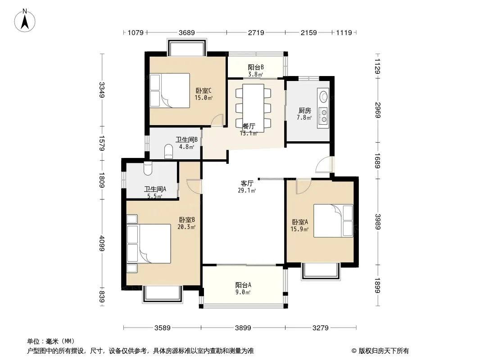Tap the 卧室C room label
point(204,91)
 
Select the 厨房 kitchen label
point(304,110)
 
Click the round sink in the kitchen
point(323,96)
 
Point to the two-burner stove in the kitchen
point(323,116)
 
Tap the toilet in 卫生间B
point(169,151)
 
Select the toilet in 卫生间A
point(148,168)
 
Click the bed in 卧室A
point(333,221)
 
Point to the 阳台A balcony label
point(243,285)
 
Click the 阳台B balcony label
point(256,67)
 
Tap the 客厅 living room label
point(247,183)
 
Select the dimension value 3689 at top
point(187,32)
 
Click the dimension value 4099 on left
point(102,243)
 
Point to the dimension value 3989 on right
point(378,222)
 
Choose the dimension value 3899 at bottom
point(243,328)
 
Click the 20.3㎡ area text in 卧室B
point(186,227)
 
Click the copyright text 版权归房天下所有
point(384,351)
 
